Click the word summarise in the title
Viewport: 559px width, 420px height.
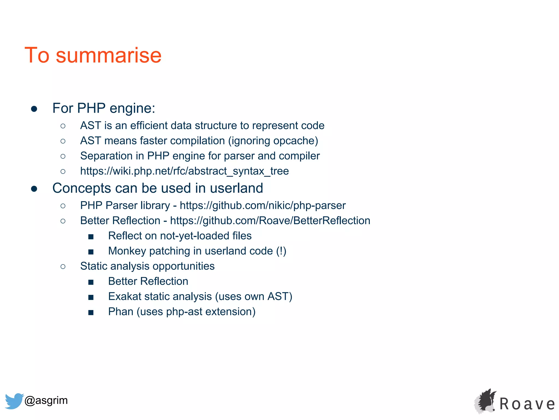click(109, 55)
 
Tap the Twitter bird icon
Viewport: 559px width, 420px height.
click(14, 401)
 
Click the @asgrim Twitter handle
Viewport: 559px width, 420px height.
click(46, 400)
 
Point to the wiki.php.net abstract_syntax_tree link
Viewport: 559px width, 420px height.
click(185, 171)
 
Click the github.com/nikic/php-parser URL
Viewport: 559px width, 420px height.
click(263, 206)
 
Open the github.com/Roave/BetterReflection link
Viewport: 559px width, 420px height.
click(270, 221)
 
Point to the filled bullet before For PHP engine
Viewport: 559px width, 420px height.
click(34, 109)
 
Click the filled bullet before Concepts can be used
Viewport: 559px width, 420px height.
click(34, 189)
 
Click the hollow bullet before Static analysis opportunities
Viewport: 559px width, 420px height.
click(63, 267)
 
